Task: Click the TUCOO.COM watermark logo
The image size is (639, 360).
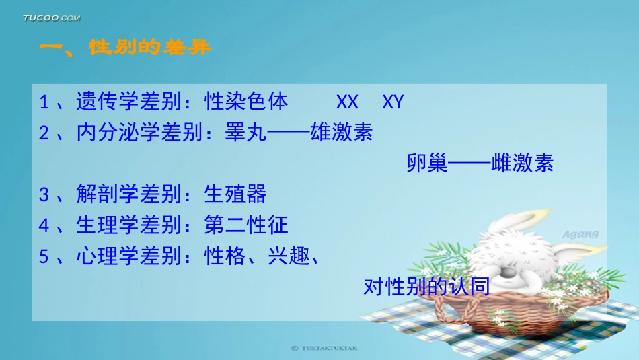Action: click(x=51, y=17)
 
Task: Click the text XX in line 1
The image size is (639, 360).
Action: click(x=347, y=102)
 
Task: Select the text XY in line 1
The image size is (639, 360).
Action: click(x=393, y=102)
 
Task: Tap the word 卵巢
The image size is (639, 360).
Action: click(x=427, y=164)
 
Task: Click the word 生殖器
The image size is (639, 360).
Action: click(x=235, y=194)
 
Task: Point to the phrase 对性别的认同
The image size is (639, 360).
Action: click(x=426, y=287)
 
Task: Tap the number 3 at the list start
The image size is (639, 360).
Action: click(x=44, y=195)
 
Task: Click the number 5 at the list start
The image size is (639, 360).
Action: click(x=44, y=256)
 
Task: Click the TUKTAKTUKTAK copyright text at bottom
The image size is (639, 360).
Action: click(x=325, y=349)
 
